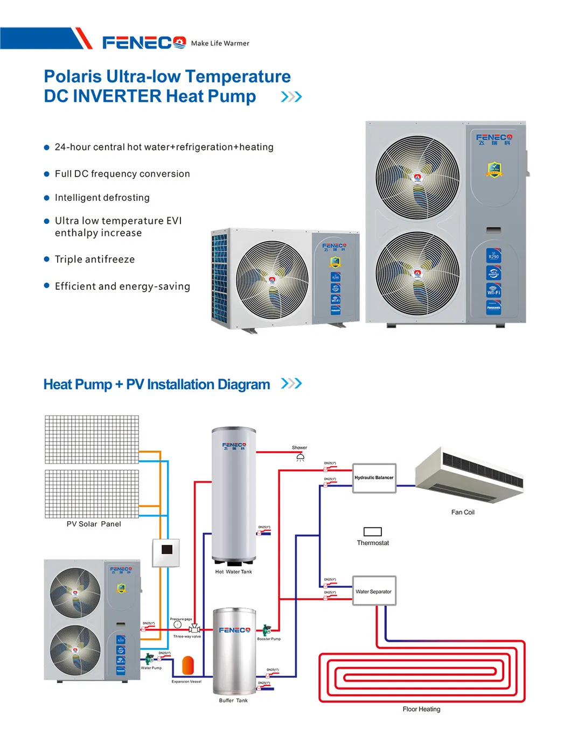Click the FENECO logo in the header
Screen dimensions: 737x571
144,43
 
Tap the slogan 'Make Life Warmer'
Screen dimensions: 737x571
220,44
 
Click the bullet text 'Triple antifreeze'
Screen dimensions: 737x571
95,259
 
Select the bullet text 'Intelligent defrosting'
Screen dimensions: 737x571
102,198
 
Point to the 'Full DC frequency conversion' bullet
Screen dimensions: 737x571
122,174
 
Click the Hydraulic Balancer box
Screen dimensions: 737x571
374,478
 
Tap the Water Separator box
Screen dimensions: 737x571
374,591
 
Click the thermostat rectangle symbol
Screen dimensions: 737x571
373,532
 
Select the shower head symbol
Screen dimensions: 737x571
301,457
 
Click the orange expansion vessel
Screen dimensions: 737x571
187,665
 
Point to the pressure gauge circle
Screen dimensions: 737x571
178,625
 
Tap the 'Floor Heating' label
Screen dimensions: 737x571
421,709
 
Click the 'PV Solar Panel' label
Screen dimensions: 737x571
94,524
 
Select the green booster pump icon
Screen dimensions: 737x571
266,629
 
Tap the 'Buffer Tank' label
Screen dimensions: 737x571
233,700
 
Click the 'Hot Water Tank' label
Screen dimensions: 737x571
233,572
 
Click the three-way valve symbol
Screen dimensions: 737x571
194,629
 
